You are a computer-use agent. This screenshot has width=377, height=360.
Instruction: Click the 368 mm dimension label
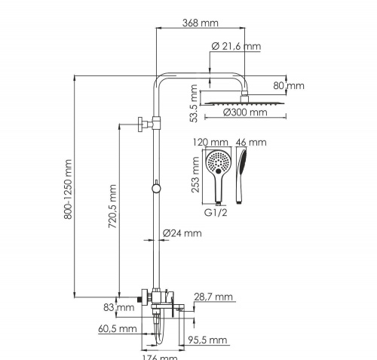[200, 23]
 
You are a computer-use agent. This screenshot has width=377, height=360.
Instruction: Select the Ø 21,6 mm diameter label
[236, 47]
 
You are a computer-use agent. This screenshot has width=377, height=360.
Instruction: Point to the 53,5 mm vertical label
[195, 105]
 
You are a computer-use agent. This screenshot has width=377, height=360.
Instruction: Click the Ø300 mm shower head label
[246, 113]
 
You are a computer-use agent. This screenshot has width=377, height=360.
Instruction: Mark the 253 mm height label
[196, 176]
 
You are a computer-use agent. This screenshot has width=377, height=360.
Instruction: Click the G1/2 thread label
[217, 213]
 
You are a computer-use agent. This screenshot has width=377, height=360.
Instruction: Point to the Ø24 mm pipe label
[183, 233]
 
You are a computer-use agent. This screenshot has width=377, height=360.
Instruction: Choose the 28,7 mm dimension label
[214, 298]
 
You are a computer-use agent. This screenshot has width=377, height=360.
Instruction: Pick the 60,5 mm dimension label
[117, 329]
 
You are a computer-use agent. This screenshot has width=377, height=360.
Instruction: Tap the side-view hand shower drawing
[242, 174]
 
